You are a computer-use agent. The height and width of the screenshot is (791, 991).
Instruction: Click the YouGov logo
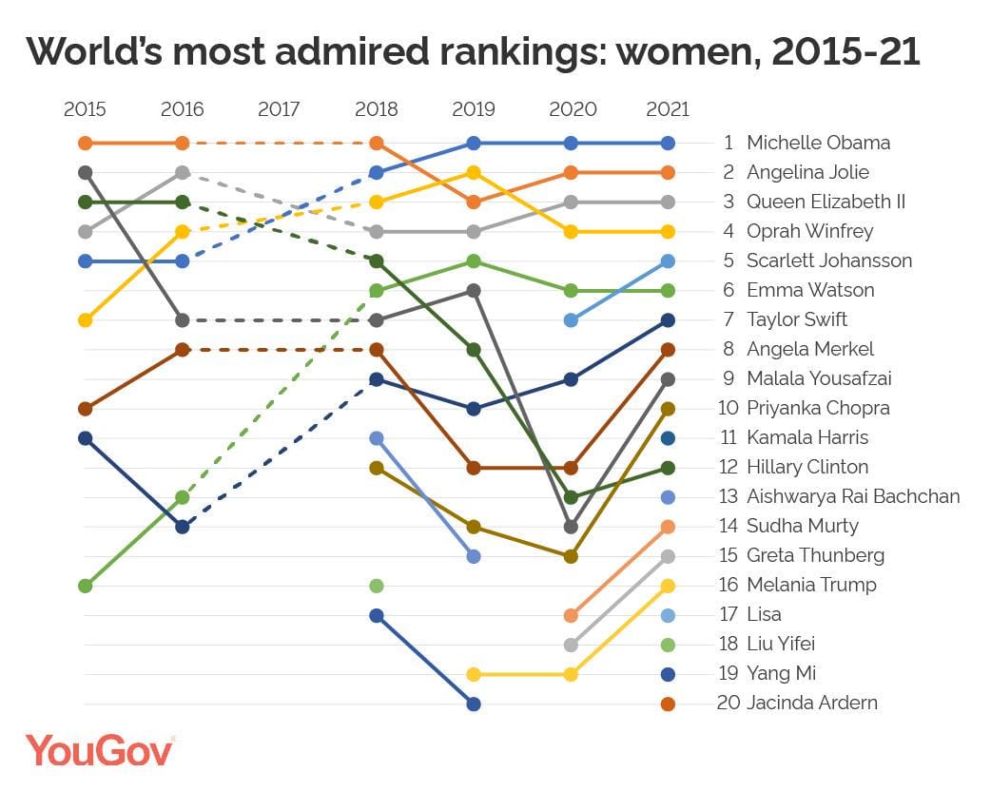(x=100, y=749)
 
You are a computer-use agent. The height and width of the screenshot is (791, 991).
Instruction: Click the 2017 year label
(x=279, y=109)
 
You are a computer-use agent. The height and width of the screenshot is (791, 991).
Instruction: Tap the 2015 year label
(x=85, y=109)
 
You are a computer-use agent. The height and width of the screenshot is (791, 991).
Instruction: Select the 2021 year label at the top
(x=667, y=109)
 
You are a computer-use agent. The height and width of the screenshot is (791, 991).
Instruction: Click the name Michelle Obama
(x=818, y=143)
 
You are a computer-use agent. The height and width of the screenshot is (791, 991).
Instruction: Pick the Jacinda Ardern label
(x=811, y=704)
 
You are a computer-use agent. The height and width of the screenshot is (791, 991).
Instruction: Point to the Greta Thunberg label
(x=815, y=555)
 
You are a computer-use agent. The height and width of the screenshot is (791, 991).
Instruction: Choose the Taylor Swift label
(x=797, y=319)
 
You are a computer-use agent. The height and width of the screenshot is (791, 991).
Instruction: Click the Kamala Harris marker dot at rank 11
(x=668, y=438)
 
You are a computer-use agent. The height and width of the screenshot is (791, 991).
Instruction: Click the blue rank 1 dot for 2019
(x=474, y=144)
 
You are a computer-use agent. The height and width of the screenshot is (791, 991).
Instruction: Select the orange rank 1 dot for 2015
(x=86, y=144)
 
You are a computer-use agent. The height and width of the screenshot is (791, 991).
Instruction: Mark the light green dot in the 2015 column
(x=86, y=586)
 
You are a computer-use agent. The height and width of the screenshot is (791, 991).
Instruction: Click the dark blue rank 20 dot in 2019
(x=474, y=704)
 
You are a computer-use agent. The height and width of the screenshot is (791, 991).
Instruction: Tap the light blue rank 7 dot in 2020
(x=571, y=320)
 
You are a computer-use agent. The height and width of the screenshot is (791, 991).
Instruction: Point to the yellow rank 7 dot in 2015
(x=86, y=320)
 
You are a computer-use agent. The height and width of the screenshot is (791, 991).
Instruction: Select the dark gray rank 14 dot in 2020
(x=571, y=527)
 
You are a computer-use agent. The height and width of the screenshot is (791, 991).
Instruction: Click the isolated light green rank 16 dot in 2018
(x=377, y=586)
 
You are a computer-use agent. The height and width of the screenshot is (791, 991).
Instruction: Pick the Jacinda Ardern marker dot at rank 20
(x=668, y=704)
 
